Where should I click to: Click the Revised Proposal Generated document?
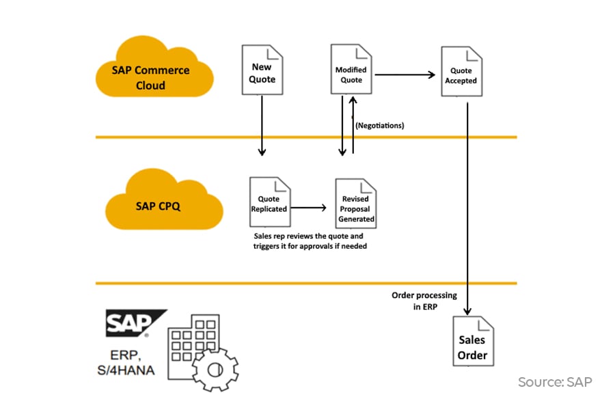click(355, 204)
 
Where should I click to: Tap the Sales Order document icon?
click(472, 342)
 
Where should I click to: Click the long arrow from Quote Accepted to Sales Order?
click(467, 205)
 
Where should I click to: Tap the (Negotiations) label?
click(379, 126)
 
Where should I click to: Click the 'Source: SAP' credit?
click(554, 382)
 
